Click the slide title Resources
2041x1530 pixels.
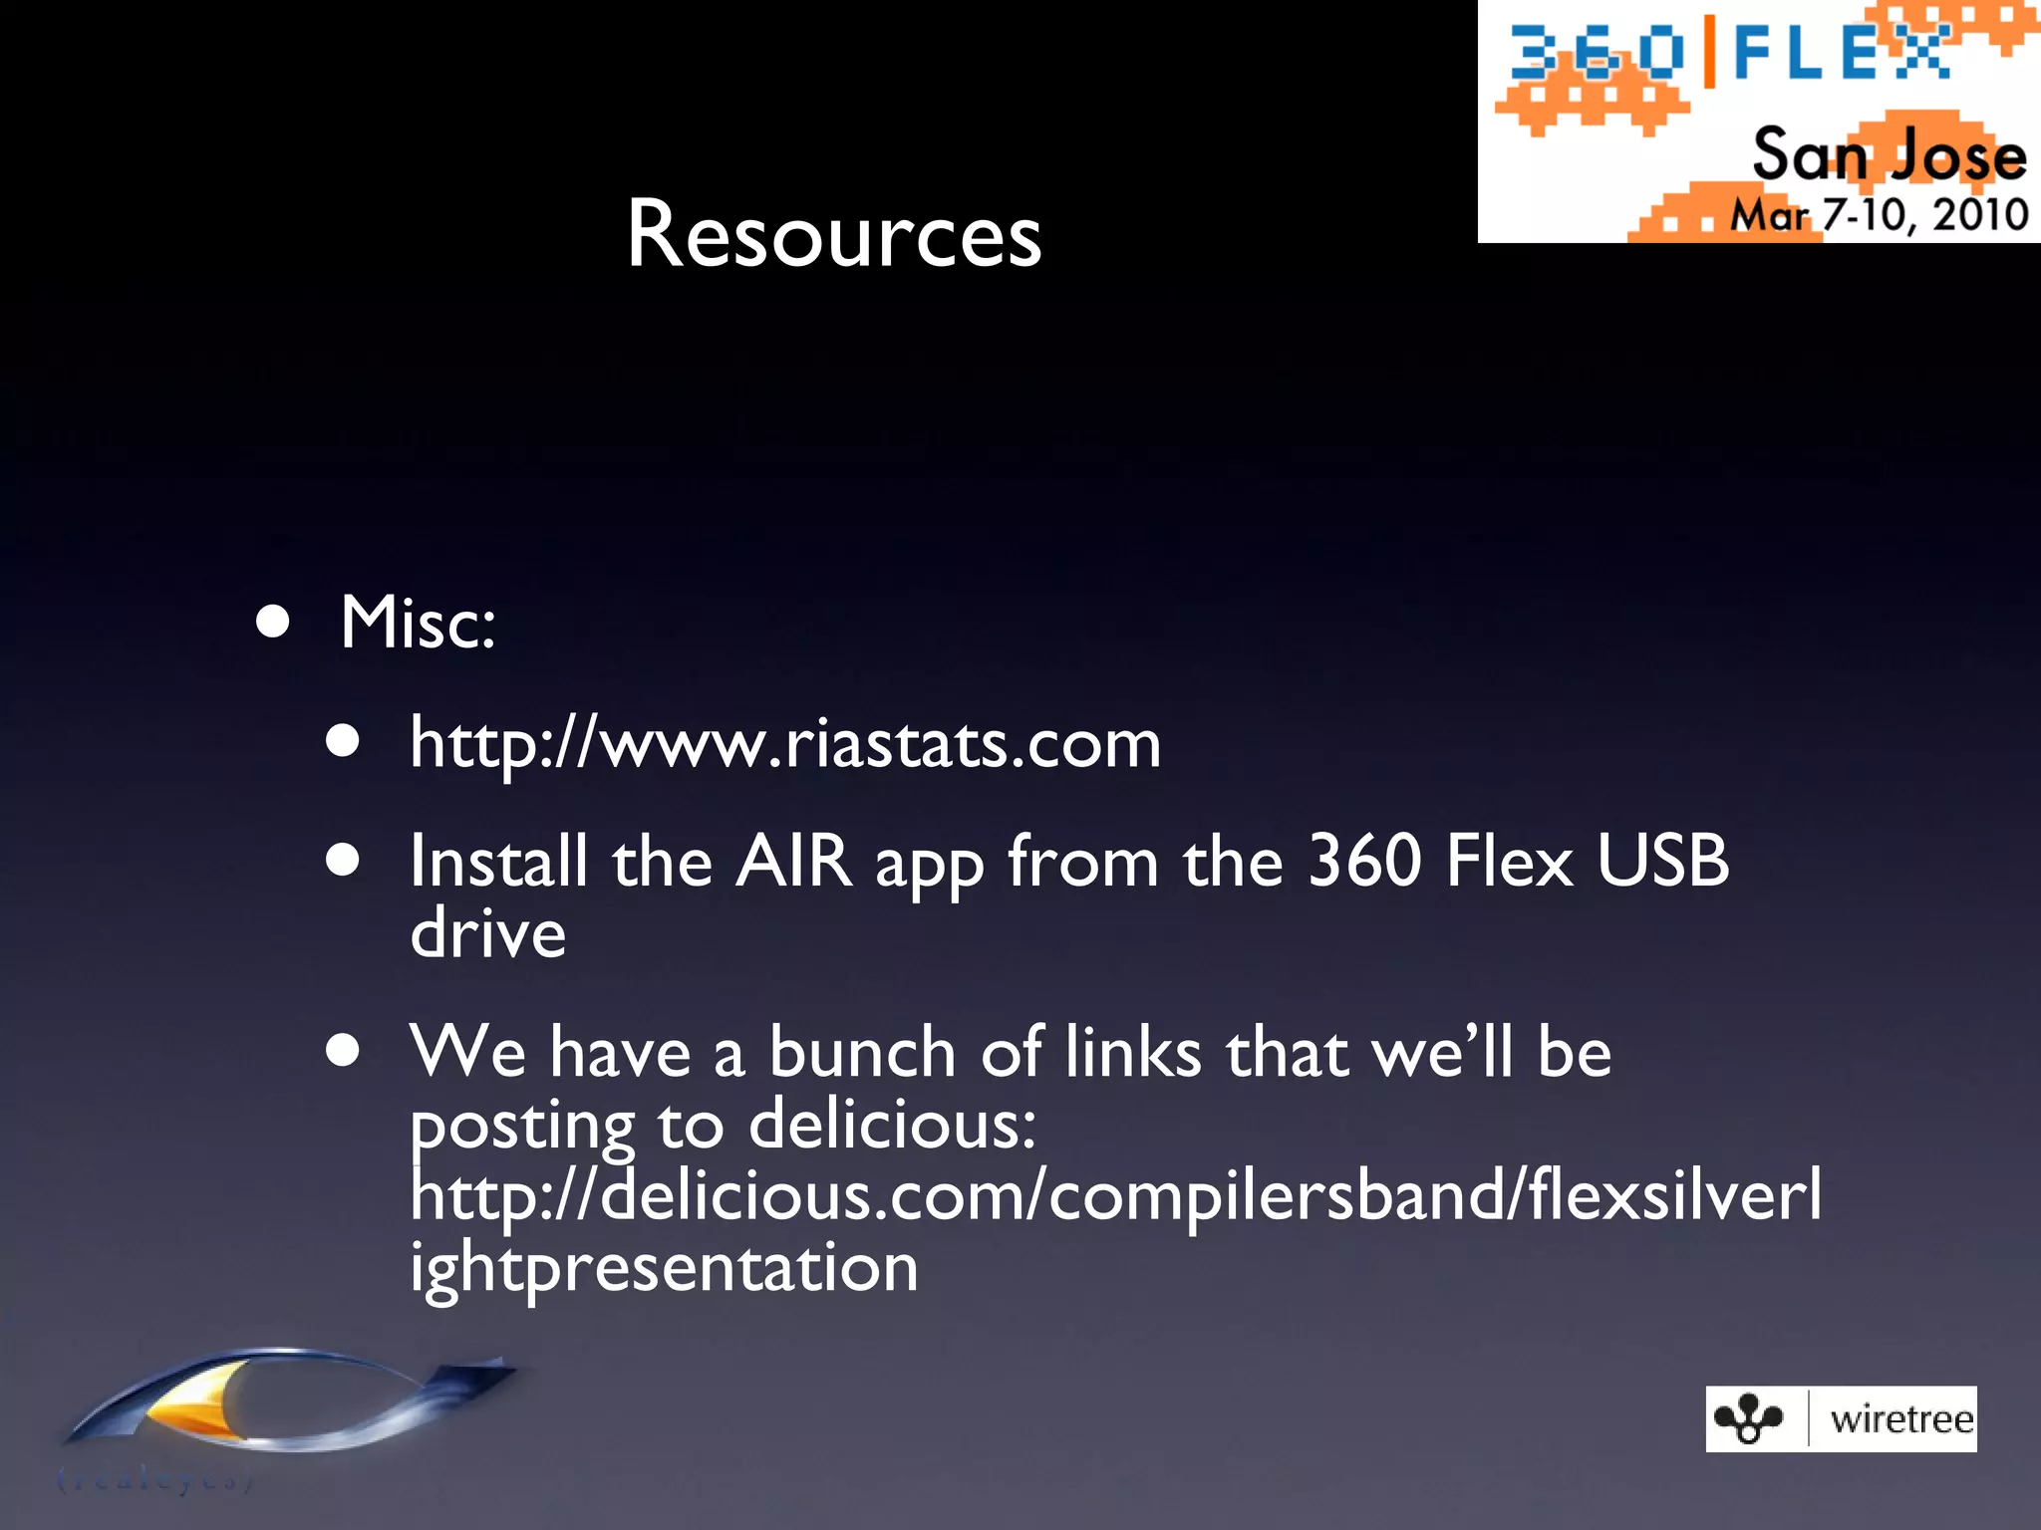[x=833, y=235]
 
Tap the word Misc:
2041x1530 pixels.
[x=418, y=623]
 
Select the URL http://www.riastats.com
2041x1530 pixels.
[x=785, y=744]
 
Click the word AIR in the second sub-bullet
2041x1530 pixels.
[x=794, y=861]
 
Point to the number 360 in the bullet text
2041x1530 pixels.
[x=1364, y=861]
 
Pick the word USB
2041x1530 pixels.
[x=1662, y=861]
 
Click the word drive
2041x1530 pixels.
[x=488, y=934]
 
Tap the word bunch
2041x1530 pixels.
[x=862, y=1053]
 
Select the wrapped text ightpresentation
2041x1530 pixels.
[x=664, y=1268]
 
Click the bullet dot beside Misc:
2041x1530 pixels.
[x=272, y=624]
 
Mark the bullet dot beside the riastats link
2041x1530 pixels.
[x=343, y=742]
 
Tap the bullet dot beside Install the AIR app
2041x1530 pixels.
[x=343, y=861]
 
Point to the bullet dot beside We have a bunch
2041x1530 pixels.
[x=343, y=1051]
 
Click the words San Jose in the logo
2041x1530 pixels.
[x=1889, y=156]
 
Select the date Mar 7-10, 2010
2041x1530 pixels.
[x=1879, y=215]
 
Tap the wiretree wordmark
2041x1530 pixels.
[x=1900, y=1419]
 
